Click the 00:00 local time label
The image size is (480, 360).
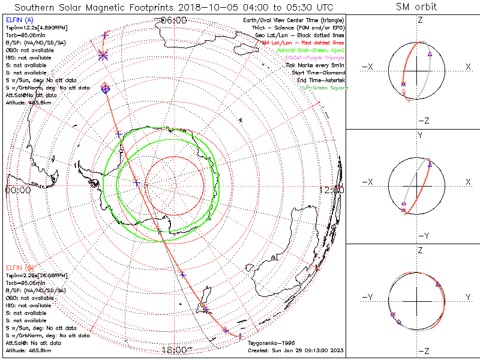17,190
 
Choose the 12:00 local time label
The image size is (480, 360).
332,190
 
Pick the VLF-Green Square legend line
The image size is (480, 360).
323,88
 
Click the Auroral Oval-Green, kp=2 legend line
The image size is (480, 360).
312,51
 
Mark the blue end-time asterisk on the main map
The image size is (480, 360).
103,55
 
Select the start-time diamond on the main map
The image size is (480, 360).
105,89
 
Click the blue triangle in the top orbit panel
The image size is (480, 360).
430,54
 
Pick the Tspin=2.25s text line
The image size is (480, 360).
32,274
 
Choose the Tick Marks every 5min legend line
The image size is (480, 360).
316,65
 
